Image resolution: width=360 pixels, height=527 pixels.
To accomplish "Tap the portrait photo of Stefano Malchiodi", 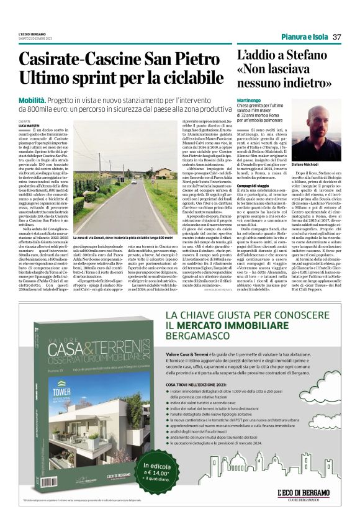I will pyautogui.click(x=317, y=133).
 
